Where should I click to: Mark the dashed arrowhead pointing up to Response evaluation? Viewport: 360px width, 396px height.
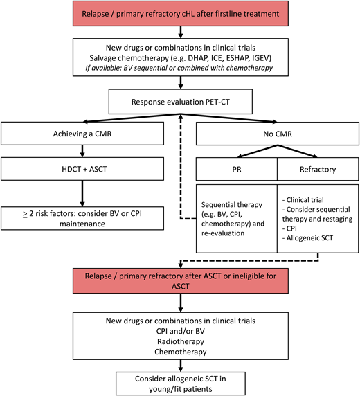point(181,117)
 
